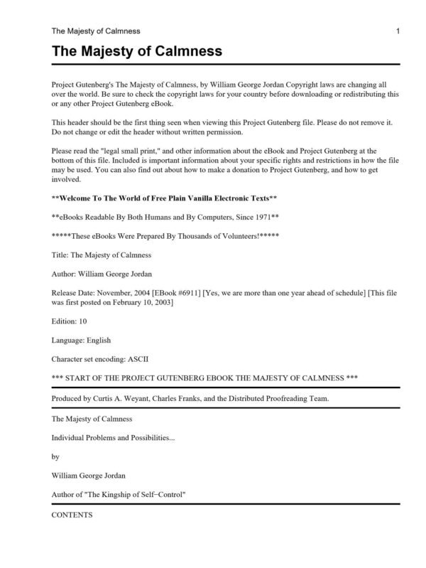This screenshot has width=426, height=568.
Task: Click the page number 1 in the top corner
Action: pyautogui.click(x=398, y=31)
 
